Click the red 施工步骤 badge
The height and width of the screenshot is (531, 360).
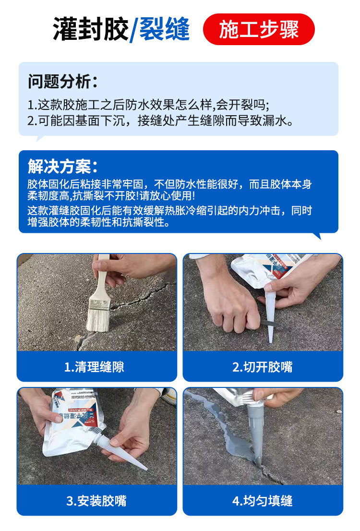click(x=259, y=30)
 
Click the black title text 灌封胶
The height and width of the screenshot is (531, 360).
click(x=90, y=30)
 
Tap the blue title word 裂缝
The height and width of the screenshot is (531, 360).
click(x=165, y=30)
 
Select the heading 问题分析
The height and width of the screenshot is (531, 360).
click(x=62, y=81)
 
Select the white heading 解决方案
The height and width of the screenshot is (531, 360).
click(x=62, y=166)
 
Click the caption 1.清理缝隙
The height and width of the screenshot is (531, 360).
click(x=96, y=367)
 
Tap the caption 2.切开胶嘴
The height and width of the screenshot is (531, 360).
click(x=263, y=367)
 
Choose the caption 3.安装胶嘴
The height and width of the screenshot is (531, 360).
click(x=96, y=501)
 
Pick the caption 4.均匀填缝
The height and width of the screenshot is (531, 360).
click(x=263, y=501)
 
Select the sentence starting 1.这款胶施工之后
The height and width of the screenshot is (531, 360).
click(x=148, y=105)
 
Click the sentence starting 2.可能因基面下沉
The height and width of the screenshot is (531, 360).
click(x=160, y=121)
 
